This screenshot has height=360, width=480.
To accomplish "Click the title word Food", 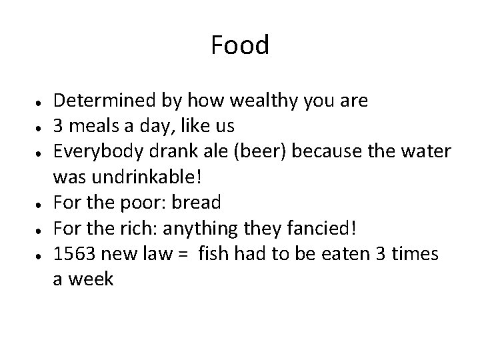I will coord(240,46).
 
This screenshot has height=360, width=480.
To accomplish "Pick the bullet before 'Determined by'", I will coord(41,103).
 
